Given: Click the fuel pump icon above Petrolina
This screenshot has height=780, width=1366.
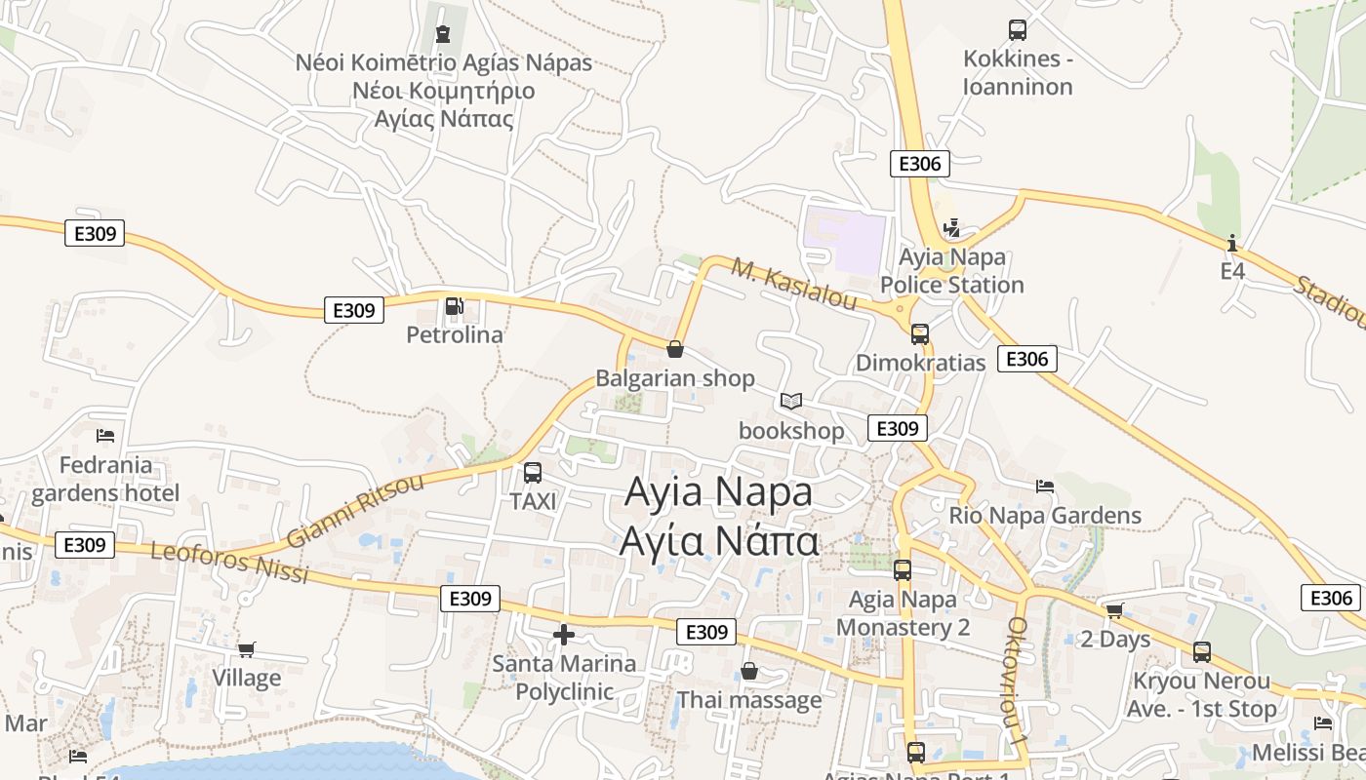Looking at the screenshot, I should (x=454, y=306).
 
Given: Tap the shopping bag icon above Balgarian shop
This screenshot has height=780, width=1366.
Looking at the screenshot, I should (x=674, y=349).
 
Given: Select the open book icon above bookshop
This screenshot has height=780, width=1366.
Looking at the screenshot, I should (x=791, y=401).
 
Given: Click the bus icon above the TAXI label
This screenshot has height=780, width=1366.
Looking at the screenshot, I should (x=533, y=473).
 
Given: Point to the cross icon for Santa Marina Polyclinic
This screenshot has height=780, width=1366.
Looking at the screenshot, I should (x=563, y=635).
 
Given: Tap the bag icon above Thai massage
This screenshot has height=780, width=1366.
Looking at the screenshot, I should (x=749, y=671).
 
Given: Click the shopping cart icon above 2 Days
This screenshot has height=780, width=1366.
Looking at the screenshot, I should (x=1114, y=610).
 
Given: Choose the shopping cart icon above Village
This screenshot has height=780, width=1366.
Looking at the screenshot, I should (x=247, y=649).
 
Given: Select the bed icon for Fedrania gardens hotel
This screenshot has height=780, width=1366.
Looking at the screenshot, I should (x=105, y=435).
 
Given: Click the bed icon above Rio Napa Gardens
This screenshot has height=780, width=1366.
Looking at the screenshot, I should (x=1045, y=486).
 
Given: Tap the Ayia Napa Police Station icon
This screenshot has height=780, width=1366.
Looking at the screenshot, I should (x=952, y=229).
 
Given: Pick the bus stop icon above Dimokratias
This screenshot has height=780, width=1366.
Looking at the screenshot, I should (x=920, y=334).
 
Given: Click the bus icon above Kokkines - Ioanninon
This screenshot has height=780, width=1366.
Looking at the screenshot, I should (x=1018, y=30).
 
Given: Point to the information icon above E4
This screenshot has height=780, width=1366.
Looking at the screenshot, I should (x=1232, y=242).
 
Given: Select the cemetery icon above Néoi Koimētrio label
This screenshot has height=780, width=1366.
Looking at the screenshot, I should (x=444, y=34).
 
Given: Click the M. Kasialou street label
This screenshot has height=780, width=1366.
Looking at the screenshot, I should (x=794, y=284).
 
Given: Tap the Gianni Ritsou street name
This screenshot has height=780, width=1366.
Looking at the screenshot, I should (x=356, y=511).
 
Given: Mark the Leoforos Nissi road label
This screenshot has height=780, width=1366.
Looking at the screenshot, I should (x=229, y=563).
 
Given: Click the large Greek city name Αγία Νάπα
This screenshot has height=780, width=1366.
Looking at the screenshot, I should (x=719, y=540).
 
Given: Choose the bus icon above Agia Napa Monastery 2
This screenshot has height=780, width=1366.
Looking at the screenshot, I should (x=903, y=570).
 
